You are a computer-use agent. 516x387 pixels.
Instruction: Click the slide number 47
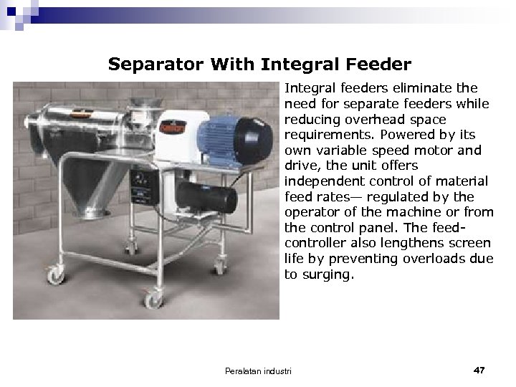click(x=479, y=370)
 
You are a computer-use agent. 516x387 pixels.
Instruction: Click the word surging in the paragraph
click(x=326, y=274)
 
